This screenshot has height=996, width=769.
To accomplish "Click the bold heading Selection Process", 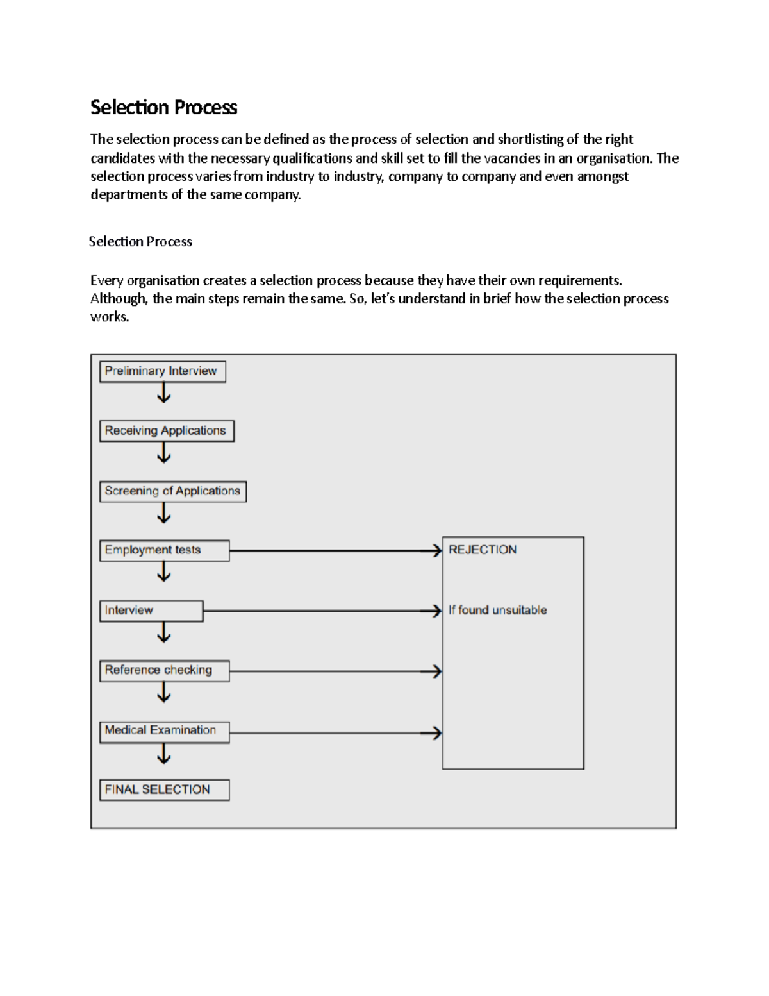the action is pyautogui.click(x=163, y=107).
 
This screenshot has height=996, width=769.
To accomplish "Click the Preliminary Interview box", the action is pyautogui.click(x=162, y=371).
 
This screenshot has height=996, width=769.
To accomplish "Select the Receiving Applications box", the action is pyautogui.click(x=167, y=431).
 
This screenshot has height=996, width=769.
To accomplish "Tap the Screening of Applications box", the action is pyautogui.click(x=172, y=491).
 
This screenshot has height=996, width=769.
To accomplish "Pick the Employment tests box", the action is pyautogui.click(x=164, y=550).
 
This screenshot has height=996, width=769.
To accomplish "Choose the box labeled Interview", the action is pyautogui.click(x=151, y=611).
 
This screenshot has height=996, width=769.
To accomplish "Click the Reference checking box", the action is pyautogui.click(x=164, y=670).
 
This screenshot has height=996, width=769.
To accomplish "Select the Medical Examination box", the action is pyautogui.click(x=164, y=731).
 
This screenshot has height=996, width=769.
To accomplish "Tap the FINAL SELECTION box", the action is pyautogui.click(x=164, y=789).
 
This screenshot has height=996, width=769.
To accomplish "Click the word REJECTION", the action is pyautogui.click(x=482, y=550).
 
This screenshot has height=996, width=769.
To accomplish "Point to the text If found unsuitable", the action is pyautogui.click(x=497, y=610).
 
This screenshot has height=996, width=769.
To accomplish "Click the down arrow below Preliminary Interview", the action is pyautogui.click(x=164, y=392).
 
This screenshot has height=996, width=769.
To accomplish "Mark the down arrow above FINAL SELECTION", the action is pyautogui.click(x=164, y=754).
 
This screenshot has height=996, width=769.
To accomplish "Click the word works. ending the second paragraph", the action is pyautogui.click(x=110, y=317).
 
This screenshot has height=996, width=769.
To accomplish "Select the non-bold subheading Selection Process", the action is pyautogui.click(x=140, y=242).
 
